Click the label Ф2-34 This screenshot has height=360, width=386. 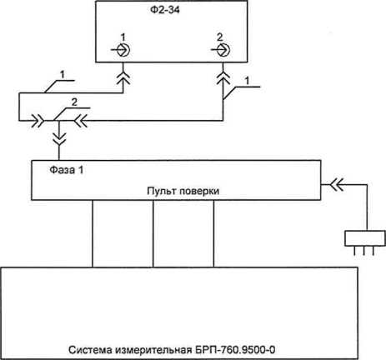(165, 10)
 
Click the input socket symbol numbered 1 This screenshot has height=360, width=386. (122, 50)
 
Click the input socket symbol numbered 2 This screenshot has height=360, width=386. (221, 50)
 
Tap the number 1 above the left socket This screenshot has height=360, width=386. (123, 37)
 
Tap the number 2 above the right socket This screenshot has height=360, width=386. (220, 37)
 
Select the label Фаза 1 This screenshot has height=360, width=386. (67, 170)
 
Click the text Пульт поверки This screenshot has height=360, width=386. (183, 191)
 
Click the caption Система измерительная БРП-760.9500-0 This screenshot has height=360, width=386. (172, 349)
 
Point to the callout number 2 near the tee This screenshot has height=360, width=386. (74, 102)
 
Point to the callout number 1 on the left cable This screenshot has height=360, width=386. (63, 74)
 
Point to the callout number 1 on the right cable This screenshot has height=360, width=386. (247, 81)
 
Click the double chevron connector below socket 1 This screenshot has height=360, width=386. (123, 77)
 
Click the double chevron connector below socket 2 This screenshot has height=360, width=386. (223, 77)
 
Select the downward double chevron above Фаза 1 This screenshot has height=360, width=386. (59, 138)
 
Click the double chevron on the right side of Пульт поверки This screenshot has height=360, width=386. (337, 184)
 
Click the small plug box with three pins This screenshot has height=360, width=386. (365, 238)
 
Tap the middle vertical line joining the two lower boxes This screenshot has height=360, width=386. (153, 233)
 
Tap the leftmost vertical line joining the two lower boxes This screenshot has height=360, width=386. (93, 233)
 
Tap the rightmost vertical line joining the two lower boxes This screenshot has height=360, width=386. (213, 233)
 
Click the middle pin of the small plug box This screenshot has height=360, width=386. (363, 251)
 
